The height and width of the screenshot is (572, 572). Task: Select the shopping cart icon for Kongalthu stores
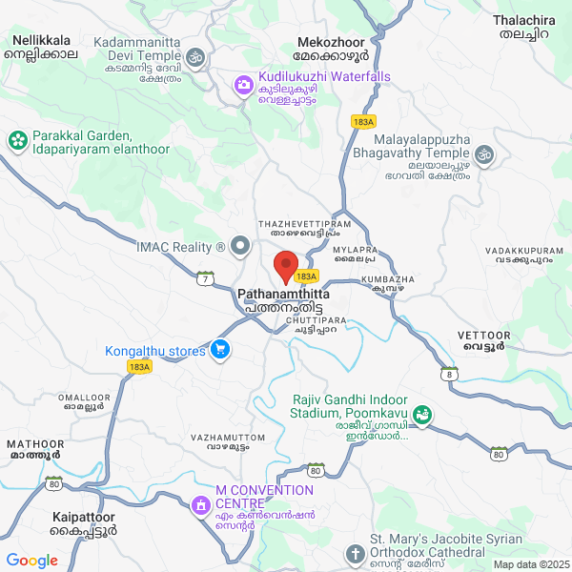(220, 350)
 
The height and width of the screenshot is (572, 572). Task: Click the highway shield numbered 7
(204, 277)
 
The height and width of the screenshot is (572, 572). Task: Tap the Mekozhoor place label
(331, 44)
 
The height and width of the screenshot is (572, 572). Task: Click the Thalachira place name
(524, 19)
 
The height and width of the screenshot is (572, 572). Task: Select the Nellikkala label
(42, 41)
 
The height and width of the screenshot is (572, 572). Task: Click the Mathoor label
(34, 443)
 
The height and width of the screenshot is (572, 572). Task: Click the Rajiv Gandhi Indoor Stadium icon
(422, 416)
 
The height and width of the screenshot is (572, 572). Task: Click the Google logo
(31, 561)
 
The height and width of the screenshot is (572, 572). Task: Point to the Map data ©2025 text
(530, 564)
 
